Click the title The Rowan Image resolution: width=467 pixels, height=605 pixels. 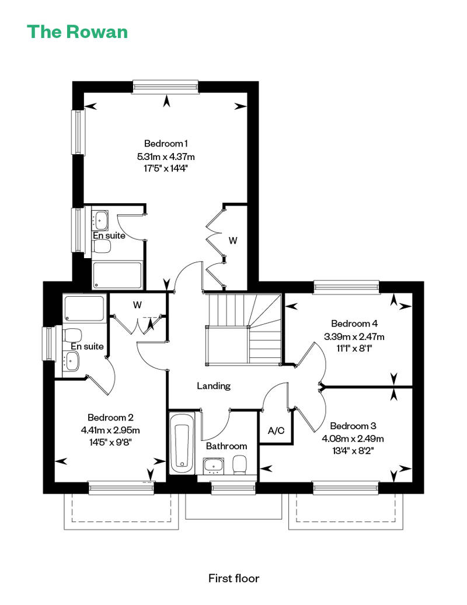[x=77, y=32]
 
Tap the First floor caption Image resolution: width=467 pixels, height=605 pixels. [x=233, y=578]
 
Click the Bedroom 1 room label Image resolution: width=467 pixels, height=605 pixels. [x=166, y=144]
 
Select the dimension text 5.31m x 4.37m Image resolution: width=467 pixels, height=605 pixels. [x=166, y=157]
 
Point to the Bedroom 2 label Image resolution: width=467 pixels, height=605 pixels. [x=110, y=417]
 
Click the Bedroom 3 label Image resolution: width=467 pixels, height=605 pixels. [x=353, y=426]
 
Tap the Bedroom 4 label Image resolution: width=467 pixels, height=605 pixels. [x=354, y=324]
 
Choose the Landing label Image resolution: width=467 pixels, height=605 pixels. [x=214, y=386]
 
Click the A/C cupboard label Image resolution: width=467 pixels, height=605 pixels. [x=276, y=430]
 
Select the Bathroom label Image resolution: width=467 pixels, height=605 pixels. [x=226, y=446]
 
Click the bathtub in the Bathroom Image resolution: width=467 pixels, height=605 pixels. [x=182, y=443]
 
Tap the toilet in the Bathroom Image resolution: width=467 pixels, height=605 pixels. [x=240, y=465]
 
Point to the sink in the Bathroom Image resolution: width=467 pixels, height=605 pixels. [x=214, y=466]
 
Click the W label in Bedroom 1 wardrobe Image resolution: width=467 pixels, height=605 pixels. [x=233, y=241]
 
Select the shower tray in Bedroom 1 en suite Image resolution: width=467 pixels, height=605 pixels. [x=117, y=276]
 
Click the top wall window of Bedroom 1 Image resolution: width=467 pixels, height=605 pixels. [x=166, y=87]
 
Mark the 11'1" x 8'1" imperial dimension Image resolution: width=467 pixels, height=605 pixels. [x=354, y=349]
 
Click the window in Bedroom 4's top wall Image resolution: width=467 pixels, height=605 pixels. [x=346, y=287]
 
